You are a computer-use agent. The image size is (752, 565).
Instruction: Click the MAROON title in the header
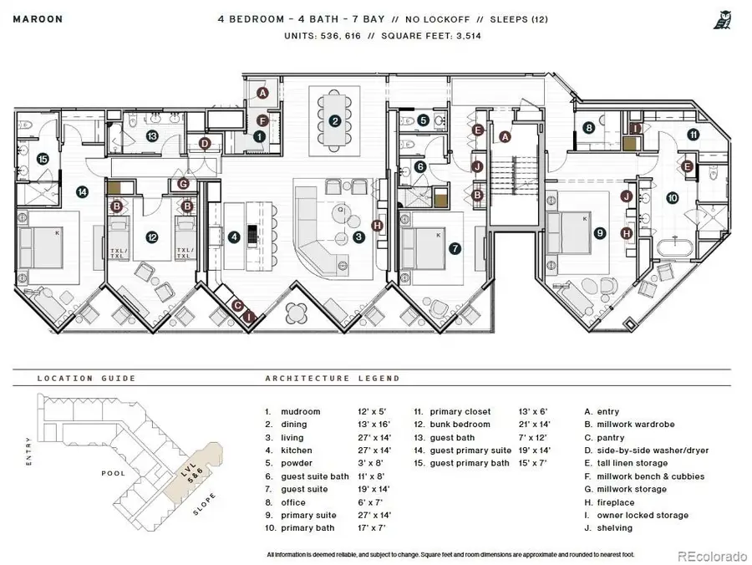[31, 17]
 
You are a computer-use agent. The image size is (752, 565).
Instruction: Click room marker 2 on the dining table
[334, 121]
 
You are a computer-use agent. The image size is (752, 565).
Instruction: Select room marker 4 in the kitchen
[234, 237]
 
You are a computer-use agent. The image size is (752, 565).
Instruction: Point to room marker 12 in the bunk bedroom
[151, 237]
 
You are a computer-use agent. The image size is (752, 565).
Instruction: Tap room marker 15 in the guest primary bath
[42, 158]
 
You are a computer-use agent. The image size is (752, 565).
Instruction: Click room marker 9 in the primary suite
[599, 234]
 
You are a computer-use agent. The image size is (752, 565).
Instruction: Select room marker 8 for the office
[589, 128]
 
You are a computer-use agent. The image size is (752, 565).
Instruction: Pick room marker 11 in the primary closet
[693, 135]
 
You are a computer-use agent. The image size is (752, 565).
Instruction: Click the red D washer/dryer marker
[205, 143]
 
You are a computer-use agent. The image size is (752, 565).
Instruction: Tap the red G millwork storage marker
[183, 184]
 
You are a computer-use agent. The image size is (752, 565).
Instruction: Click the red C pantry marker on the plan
[237, 306]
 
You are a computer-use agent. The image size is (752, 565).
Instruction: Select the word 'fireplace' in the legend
[616, 503]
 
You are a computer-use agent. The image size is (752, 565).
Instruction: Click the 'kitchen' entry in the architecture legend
[297, 450]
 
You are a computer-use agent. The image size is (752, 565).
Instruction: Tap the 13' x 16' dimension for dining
[373, 425]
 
